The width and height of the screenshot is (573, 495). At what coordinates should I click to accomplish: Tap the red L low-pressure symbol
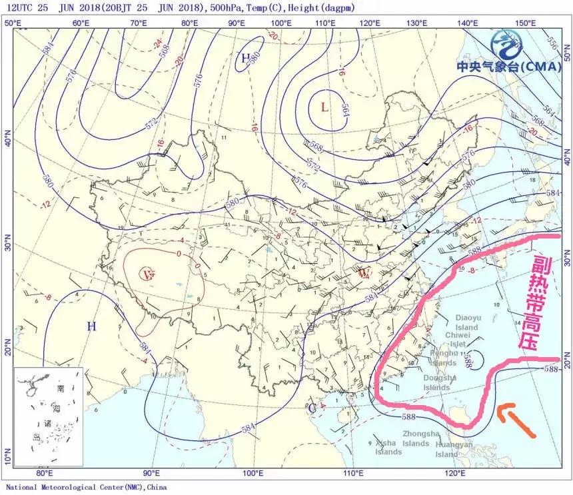tap(324, 107)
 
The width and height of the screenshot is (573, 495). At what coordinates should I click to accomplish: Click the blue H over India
tap(91, 326)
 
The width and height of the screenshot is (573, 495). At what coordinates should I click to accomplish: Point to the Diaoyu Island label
tap(467, 323)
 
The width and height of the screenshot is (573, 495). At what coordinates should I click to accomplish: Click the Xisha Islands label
tap(388, 447)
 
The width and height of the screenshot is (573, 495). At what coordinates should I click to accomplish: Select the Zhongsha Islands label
tap(416, 438)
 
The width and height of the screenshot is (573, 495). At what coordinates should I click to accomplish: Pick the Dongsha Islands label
tap(440, 382)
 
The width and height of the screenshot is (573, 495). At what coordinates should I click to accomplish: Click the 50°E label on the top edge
tap(12, 23)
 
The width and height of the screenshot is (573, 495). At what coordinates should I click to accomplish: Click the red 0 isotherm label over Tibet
tap(179, 254)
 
